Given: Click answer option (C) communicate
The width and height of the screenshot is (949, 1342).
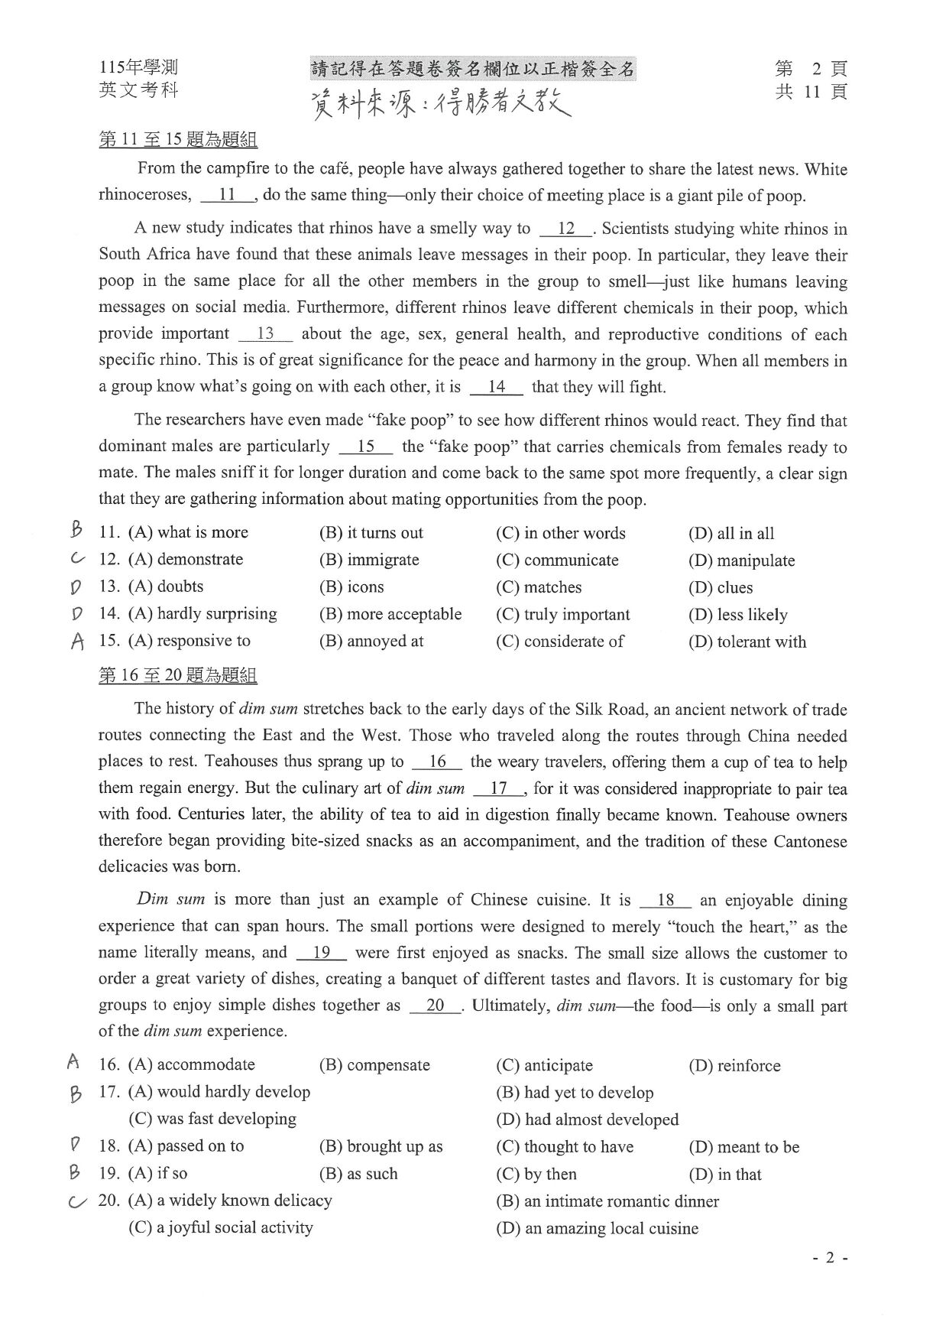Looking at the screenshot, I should coord(557,561).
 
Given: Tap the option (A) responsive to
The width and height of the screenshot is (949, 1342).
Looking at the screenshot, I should coord(189,641).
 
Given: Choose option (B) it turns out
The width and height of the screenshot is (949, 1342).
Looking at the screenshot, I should coord(371,533).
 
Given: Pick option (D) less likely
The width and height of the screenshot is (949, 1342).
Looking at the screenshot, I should coord(737,615).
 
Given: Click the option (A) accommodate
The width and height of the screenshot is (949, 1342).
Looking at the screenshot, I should coord(191,1064).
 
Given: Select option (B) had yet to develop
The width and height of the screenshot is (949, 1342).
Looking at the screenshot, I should coord(574,1092).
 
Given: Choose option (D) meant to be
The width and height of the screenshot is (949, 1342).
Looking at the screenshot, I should coord(743,1147).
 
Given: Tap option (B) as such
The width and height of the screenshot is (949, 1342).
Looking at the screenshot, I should coord(358,1174).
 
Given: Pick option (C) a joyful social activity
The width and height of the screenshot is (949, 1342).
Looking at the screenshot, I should coord(220,1228).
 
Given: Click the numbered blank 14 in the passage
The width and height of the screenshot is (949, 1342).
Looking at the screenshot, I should coord(497,387).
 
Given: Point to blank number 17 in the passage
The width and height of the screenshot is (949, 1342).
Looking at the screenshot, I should coord(498,788).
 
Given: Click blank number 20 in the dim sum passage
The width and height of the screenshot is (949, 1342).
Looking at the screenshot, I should coord(435,1006).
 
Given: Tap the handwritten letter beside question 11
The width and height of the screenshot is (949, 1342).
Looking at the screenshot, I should coord(75,528).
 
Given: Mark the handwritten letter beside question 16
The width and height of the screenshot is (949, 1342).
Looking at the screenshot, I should coord(73,1061).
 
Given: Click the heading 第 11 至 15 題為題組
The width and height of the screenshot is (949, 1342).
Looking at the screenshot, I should coord(177,140).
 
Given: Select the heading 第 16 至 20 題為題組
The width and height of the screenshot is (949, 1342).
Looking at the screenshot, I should coord(177,675).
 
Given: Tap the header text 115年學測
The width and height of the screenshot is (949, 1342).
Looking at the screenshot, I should coord(138,68).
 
